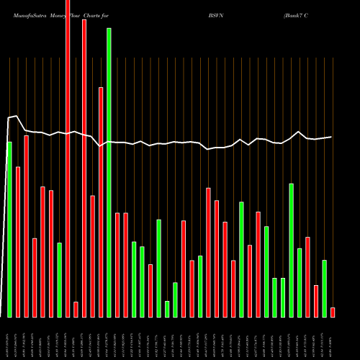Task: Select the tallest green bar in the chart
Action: pos(109,173)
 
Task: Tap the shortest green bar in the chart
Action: pos(167,309)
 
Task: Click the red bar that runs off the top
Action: pos(68,158)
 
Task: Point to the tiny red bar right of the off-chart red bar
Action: pos(76,310)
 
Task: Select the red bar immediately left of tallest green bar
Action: pos(101,202)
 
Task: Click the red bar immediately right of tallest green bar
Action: pos(117,265)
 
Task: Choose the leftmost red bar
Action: pos(18,242)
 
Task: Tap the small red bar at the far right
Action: pos(333,312)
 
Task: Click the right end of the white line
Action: pos(332,137)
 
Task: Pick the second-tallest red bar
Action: pos(84,168)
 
